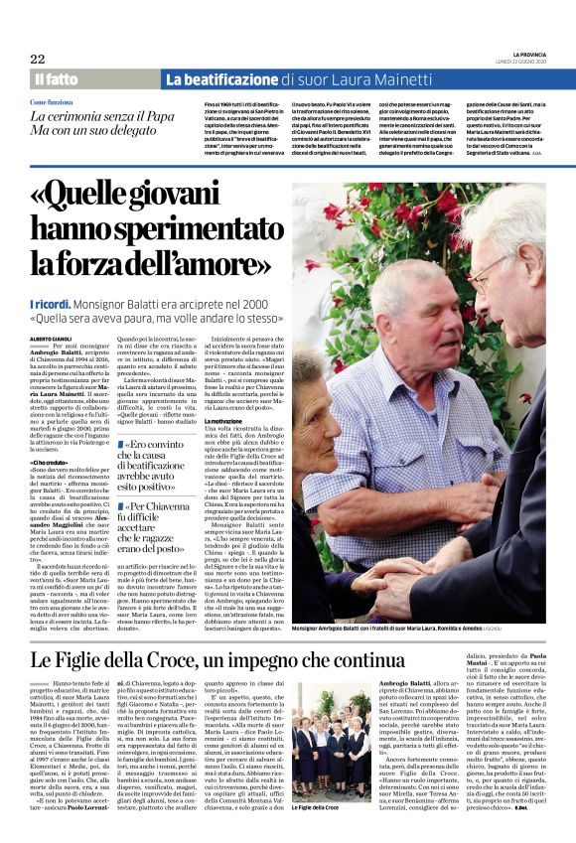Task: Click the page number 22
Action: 38,59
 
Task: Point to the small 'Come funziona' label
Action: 52,102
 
